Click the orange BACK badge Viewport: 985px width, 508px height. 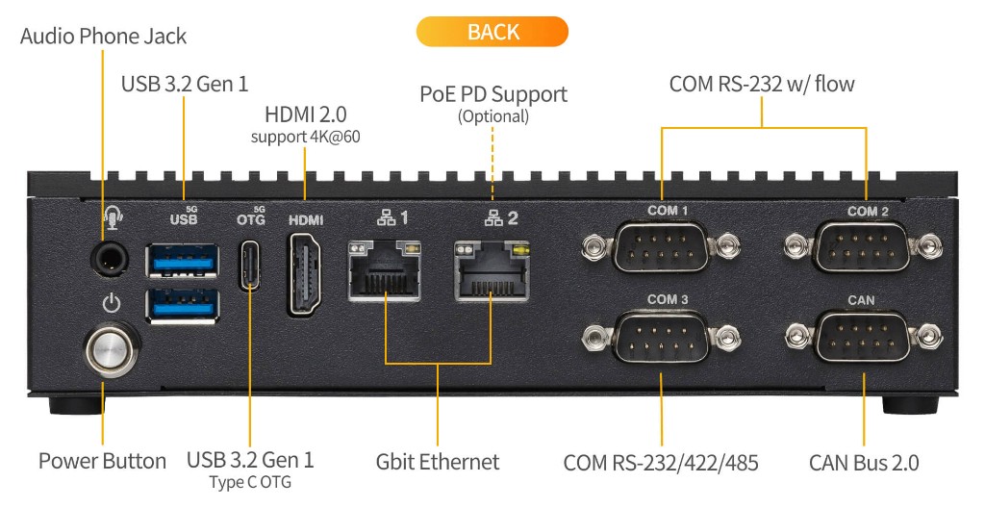tap(492, 31)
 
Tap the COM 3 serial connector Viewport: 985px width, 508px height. tap(661, 336)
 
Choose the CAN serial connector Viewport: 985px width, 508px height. tap(863, 336)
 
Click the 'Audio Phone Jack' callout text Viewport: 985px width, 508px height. tap(103, 37)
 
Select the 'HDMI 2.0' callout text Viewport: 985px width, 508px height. tap(305, 114)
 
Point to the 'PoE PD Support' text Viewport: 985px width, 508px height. tap(492, 94)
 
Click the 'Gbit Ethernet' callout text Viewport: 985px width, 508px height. tap(438, 462)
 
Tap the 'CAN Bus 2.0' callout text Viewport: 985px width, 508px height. tap(863, 463)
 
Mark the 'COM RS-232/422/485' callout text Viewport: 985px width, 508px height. tap(661, 463)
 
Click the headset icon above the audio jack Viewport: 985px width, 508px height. tap(113, 220)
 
